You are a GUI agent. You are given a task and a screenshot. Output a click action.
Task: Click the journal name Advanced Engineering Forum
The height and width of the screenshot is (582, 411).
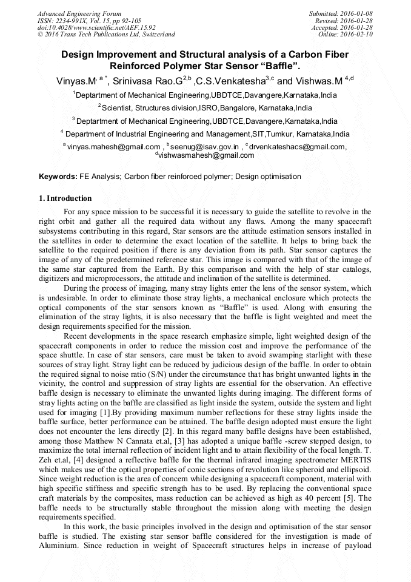(x=79, y=13)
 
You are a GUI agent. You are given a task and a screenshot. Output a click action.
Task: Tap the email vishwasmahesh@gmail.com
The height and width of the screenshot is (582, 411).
(x=206, y=155)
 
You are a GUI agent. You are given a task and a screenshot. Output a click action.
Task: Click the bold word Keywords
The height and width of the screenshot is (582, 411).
(x=57, y=177)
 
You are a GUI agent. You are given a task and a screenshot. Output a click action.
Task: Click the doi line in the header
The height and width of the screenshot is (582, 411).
(x=96, y=27)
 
